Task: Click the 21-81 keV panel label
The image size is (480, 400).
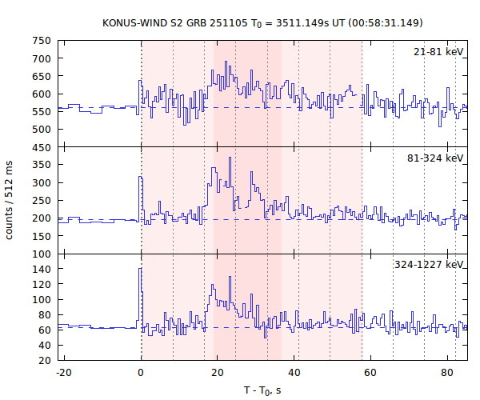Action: coord(438,52)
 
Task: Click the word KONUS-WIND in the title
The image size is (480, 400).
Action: coord(134,22)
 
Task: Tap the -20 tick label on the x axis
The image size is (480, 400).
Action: coord(65,372)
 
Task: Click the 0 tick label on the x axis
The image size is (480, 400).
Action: coord(142,372)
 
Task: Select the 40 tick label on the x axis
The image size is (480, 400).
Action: coord(294,372)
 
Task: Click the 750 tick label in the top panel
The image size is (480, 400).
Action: coord(42,41)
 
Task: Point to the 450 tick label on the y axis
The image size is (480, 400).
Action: coord(42,146)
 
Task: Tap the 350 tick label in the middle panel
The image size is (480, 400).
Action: coord(42,165)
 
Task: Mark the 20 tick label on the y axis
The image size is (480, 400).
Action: coord(46,360)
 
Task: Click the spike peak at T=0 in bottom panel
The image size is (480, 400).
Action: coord(140,269)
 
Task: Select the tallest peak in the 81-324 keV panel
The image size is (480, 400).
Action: coord(230,158)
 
